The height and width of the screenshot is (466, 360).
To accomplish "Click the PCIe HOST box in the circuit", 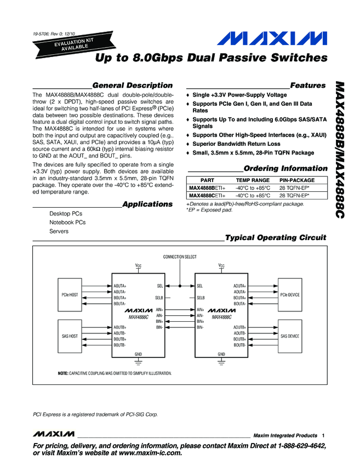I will click(x=70, y=294).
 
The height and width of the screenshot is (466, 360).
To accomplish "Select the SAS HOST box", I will click(x=70, y=336).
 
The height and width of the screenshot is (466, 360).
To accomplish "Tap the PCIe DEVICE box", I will click(x=290, y=294).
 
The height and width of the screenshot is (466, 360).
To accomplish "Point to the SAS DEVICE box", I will click(x=290, y=336).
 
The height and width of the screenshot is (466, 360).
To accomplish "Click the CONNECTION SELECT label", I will click(x=180, y=257).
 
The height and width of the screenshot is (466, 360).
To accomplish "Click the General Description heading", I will click(x=133, y=86).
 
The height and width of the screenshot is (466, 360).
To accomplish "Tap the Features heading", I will click(x=307, y=86).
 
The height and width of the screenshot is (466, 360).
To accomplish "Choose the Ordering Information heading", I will click(x=285, y=168).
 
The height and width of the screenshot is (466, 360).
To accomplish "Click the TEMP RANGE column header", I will click(x=253, y=180).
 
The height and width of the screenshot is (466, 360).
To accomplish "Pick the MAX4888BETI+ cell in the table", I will click(x=207, y=188).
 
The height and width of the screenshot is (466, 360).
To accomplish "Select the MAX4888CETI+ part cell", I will click(x=207, y=195).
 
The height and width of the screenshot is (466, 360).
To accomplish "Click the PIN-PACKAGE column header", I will click(x=297, y=180).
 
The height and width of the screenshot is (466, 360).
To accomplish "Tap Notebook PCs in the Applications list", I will click(x=67, y=223).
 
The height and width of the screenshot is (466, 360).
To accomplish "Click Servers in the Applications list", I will click(x=59, y=231).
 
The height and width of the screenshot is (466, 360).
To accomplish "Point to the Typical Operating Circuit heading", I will click(x=276, y=237).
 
